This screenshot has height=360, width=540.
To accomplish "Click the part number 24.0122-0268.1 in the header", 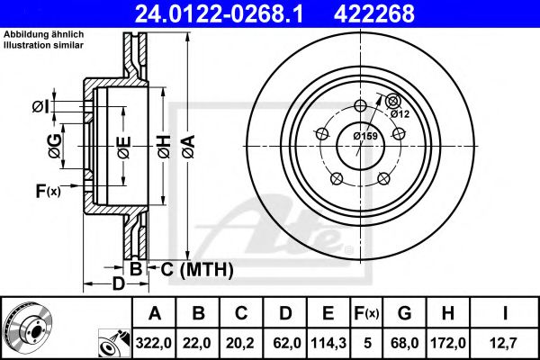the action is pos(219,13).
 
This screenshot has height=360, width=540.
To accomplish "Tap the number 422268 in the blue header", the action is pos(374,13).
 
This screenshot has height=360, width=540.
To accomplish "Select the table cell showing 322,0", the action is pos(154,343).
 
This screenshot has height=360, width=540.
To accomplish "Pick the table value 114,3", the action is pos(328,343).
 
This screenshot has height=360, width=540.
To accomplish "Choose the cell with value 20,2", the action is pos(241,343).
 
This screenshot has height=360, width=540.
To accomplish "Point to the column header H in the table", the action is pos(447,313).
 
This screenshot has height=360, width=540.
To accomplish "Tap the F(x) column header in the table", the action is pos(367,313).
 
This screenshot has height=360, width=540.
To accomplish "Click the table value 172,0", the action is pos(447,343).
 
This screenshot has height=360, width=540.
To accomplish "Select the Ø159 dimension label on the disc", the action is pos(365,136).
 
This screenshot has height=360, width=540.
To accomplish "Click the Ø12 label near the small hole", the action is pos(400,113).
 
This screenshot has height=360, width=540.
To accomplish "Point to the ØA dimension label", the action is pos(189,147).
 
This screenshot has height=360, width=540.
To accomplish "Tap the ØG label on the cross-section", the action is pos(55,147).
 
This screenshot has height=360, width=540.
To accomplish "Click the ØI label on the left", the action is pos(41,107).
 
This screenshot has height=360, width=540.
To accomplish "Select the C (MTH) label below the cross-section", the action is pos(197,269).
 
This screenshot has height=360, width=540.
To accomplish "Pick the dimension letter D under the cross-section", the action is pos(119,284).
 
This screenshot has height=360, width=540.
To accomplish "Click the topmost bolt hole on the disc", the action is pos(360,105).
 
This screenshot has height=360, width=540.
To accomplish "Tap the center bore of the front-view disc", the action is pos(360,146).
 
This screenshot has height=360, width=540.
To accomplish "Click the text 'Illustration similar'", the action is pos(43,45).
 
